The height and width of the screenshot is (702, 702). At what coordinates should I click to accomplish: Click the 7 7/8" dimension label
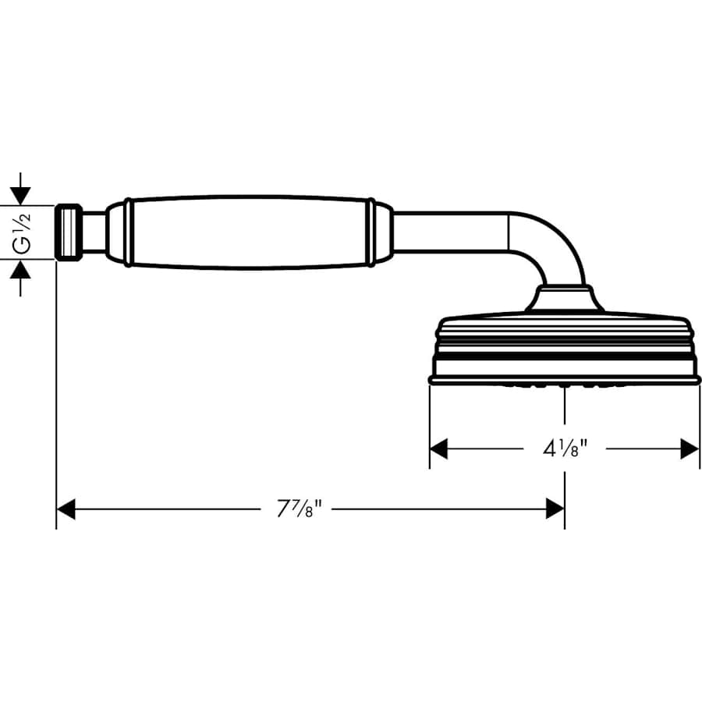pyautogui.click(x=300, y=510)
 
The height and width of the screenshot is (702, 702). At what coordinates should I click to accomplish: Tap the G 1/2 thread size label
pyautogui.click(x=23, y=232)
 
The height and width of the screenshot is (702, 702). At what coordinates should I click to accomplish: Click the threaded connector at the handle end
pyautogui.click(x=69, y=232)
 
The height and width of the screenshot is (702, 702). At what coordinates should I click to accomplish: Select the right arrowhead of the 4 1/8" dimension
pyautogui.click(x=690, y=448)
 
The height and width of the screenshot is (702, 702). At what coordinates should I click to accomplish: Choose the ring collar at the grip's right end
pyautogui.click(x=370, y=232)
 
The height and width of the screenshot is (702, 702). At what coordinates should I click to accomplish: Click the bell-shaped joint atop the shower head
pyautogui.click(x=564, y=300)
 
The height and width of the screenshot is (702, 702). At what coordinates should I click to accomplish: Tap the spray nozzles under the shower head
pyautogui.click(x=563, y=385)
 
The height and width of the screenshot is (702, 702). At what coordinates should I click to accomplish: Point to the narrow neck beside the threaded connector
pyautogui.click(x=94, y=232)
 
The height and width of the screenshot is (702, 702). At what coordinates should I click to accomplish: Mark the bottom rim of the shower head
pyautogui.click(x=564, y=378)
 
